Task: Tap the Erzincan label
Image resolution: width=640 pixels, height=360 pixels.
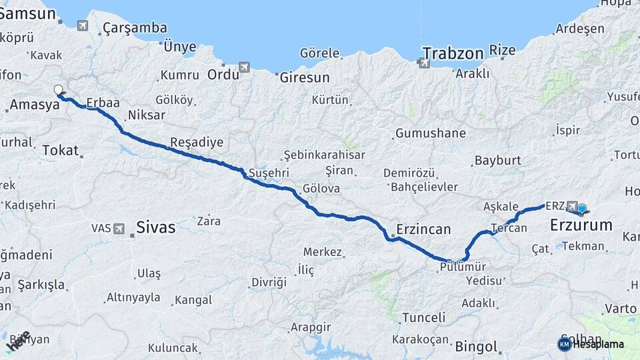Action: (423, 229)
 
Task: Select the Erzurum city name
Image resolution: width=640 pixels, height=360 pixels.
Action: (581, 225)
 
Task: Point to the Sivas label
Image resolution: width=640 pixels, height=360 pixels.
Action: (155, 227)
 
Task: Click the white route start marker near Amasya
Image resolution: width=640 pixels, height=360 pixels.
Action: (58, 90)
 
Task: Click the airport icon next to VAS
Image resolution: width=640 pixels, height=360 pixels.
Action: (119, 229)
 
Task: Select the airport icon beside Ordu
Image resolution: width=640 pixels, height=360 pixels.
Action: (245, 67)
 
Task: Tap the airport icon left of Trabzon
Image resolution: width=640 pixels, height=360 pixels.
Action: (424, 63)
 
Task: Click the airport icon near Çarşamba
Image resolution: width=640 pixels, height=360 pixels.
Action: (83, 26)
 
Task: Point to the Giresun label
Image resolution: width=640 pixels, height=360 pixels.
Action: (304, 77)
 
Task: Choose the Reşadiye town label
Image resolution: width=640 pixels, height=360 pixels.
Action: (197, 142)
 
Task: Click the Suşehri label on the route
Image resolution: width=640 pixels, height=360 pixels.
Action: (269, 173)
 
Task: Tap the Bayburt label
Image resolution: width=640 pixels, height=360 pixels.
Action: (497, 161)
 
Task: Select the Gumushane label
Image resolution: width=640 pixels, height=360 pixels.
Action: (431, 133)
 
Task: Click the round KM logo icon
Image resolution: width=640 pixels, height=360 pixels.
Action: (565, 344)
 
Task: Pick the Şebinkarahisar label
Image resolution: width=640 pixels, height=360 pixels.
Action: (325, 155)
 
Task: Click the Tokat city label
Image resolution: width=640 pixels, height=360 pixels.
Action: (60, 150)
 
